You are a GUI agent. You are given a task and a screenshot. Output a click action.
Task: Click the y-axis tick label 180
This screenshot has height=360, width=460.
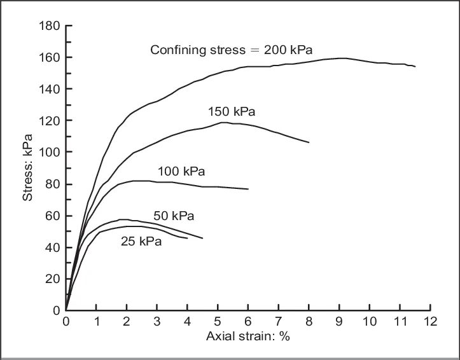[50, 26]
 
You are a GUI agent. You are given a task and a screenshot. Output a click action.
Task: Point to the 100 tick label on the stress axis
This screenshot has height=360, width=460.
[50, 153]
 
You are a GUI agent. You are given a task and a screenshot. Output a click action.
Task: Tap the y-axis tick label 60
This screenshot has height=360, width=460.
[52, 216]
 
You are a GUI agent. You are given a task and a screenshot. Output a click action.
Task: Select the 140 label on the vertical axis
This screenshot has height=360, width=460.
[50, 90]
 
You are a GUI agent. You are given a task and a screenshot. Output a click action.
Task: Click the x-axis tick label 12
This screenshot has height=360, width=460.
[430, 321]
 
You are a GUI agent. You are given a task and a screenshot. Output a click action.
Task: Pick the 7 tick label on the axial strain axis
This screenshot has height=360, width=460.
[278, 321]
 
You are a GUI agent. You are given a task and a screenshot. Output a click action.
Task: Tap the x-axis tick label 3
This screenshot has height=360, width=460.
[157, 321]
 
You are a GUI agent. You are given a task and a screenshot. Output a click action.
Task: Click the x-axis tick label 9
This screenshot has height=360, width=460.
[339, 321]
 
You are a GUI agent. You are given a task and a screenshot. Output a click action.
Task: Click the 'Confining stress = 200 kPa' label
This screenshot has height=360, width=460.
[232, 50]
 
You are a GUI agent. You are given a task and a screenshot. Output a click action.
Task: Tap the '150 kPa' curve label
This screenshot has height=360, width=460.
[232, 112]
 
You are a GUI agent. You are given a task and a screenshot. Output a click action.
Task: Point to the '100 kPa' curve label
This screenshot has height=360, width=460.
[181, 171]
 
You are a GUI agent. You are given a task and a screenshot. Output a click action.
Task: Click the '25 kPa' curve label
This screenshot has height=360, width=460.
[141, 242]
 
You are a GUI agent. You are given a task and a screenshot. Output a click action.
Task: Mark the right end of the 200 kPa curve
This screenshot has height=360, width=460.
[415, 66]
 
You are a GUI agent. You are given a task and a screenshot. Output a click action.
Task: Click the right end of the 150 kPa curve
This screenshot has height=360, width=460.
[309, 142]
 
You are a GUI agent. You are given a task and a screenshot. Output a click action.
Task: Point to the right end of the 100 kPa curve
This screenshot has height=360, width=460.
[248, 189]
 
